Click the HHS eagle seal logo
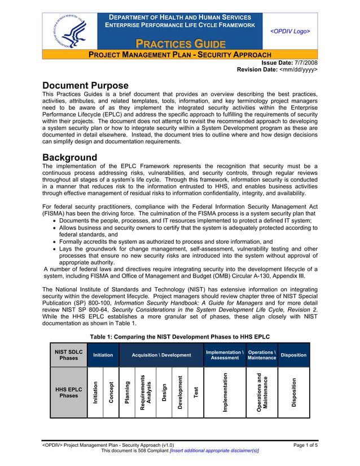click(x=69, y=32)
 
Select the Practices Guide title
click(x=180, y=43)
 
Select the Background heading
click(x=70, y=157)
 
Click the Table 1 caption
click(x=180, y=337)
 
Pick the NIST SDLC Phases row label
click(x=68, y=355)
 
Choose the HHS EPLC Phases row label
click(x=68, y=392)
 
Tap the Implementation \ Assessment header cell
click(x=225, y=355)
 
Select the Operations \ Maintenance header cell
click(x=261, y=355)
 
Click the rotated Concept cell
click(x=111, y=392)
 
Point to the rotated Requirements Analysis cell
click(x=145, y=392)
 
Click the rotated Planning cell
click(x=128, y=392)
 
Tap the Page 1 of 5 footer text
click(x=305, y=445)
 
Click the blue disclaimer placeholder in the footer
click(x=210, y=452)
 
